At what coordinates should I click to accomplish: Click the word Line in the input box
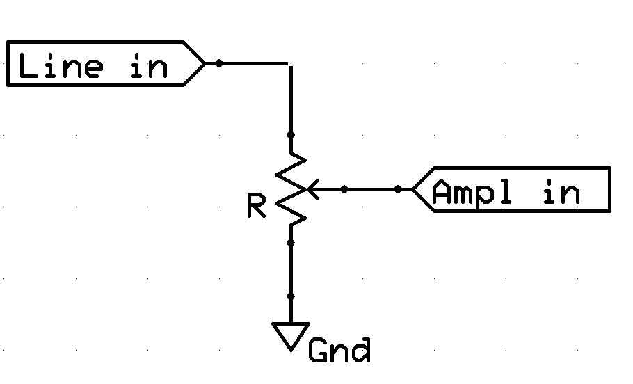click(61, 65)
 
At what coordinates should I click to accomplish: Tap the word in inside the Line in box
click(150, 65)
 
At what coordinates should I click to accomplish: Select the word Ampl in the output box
click(472, 192)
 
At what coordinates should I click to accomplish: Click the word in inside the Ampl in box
click(562, 192)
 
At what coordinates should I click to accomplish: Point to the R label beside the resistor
click(257, 205)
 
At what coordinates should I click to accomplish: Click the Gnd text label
click(339, 350)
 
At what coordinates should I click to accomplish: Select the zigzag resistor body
click(291, 189)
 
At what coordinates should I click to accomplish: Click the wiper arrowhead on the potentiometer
click(313, 189)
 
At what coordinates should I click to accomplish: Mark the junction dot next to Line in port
click(219, 63)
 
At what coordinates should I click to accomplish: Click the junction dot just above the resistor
click(291, 135)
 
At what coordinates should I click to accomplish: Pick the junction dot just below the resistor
click(291, 243)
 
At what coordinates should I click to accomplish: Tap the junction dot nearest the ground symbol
click(291, 296)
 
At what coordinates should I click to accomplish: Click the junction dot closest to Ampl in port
click(398, 189)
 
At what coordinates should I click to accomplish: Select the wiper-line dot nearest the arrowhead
click(344, 189)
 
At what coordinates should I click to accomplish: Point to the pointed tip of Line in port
click(205, 63)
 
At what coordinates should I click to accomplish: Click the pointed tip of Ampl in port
click(412, 189)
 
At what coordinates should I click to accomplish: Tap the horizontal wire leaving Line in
click(247, 63)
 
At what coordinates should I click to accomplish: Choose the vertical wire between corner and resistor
click(291, 100)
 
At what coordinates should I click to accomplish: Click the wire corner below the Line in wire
click(290, 64)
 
